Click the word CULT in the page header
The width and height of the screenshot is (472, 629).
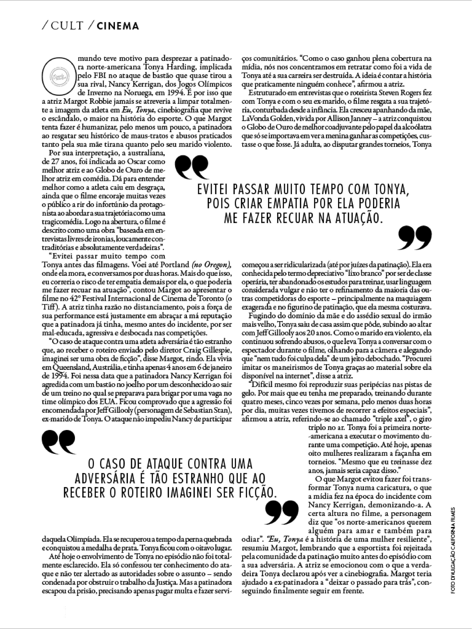67,26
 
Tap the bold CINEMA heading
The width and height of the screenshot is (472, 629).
118,26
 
